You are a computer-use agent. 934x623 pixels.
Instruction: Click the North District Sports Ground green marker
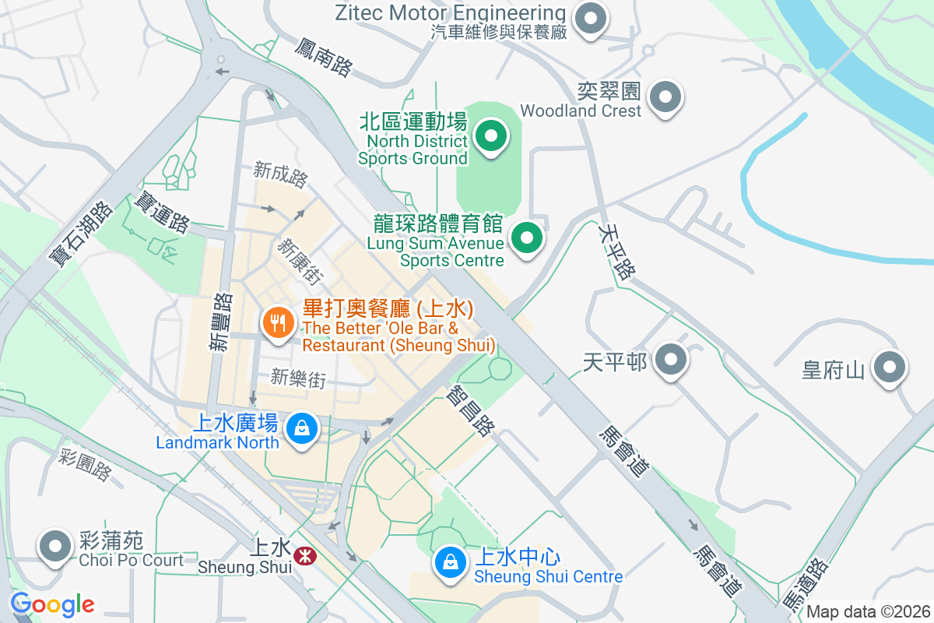tap(490, 137)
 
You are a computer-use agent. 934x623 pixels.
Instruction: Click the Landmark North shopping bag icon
tap(300, 428)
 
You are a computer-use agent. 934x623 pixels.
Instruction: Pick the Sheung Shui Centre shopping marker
tap(449, 561)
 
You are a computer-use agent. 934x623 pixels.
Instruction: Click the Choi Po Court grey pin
tap(55, 547)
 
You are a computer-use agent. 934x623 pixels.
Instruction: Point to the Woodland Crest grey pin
tap(665, 97)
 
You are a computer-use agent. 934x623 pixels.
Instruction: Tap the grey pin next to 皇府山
tap(889, 367)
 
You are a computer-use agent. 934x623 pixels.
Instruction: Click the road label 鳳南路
tap(324, 57)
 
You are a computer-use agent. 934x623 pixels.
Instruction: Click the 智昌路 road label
tap(470, 412)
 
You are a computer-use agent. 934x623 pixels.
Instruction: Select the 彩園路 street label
tap(86, 465)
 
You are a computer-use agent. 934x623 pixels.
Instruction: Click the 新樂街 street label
tap(298, 378)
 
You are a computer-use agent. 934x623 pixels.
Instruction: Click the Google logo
tap(52, 604)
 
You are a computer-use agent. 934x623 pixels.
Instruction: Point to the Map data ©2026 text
tap(868, 611)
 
